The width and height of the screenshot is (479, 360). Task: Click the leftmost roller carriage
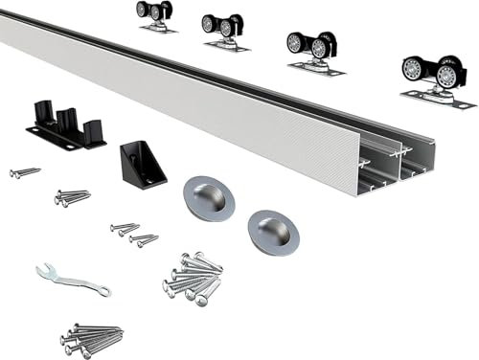(x=154, y=13)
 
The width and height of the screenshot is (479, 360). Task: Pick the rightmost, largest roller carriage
(x=436, y=78)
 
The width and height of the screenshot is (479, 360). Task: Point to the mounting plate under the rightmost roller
(x=438, y=98)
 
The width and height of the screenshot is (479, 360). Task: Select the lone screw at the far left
(x=24, y=172)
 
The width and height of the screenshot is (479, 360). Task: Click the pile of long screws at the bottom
(x=90, y=338)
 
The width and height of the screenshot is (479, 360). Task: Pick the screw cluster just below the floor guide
(x=73, y=197)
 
